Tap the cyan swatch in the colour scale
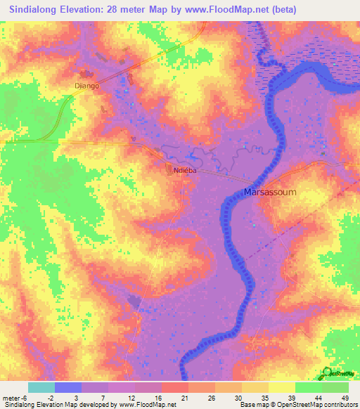pyautogui.click(x=41, y=387)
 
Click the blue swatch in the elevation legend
pyautogui.click(x=68, y=387)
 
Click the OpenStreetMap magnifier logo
pyautogui.click(x=328, y=372)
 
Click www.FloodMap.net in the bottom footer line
pyautogui.click(x=148, y=405)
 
